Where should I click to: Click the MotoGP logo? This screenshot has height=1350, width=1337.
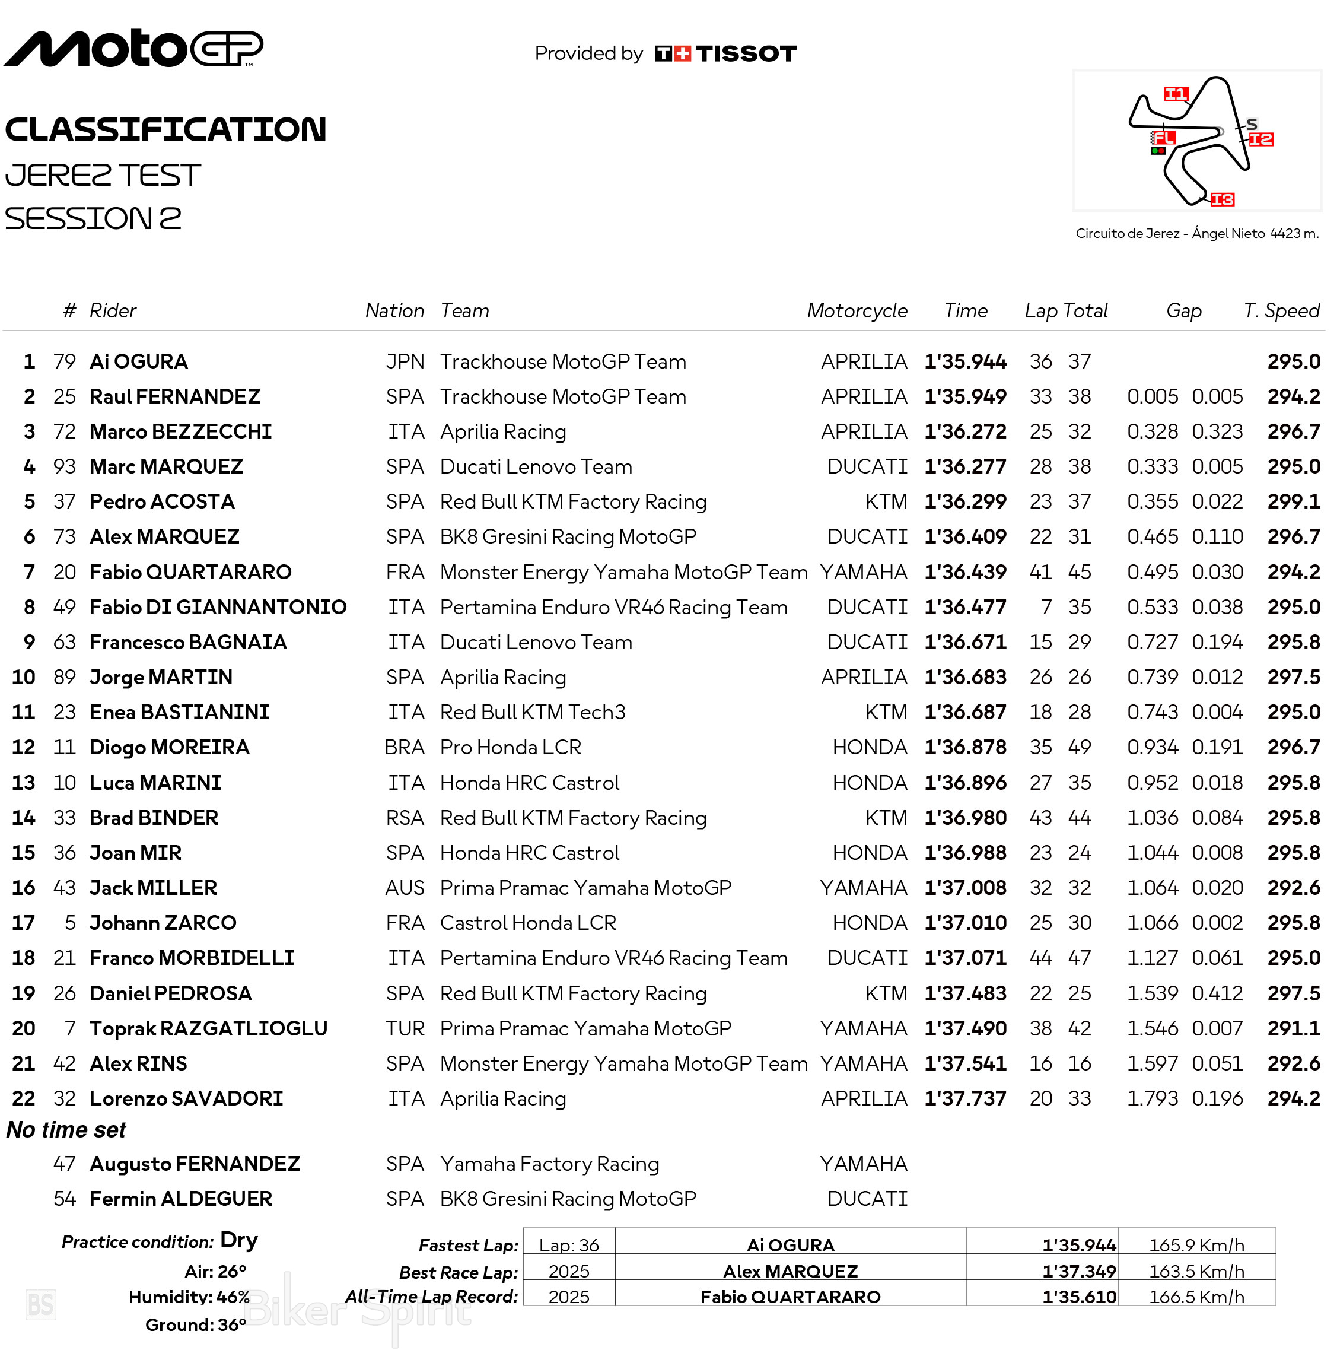[x=133, y=49]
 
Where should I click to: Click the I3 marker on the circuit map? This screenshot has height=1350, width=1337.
[x=1222, y=200]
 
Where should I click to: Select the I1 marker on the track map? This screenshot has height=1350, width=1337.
[x=1176, y=94]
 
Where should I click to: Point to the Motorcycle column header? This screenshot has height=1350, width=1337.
[x=857, y=311]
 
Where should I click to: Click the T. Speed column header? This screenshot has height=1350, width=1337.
[x=1281, y=311]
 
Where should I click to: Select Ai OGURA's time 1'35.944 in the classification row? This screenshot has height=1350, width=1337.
[x=964, y=362]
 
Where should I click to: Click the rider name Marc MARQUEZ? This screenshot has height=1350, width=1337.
[x=166, y=467]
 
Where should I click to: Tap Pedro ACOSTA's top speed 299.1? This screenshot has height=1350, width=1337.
[x=1293, y=501]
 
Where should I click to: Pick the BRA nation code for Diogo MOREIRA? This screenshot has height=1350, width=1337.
[x=404, y=748]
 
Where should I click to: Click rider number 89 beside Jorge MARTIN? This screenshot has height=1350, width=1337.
[x=64, y=677]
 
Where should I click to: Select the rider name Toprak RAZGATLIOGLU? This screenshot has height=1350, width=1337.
[x=208, y=1028]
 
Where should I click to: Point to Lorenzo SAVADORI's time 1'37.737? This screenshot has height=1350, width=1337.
[x=964, y=1098]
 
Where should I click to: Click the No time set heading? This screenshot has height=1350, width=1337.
[x=66, y=1130]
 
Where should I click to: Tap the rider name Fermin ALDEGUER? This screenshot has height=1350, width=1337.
[x=181, y=1199]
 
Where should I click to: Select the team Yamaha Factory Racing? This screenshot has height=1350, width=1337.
[x=549, y=1164]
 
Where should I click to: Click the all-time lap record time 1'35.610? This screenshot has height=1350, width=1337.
[x=1078, y=1297]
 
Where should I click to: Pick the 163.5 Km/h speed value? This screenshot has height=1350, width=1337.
[x=1196, y=1271]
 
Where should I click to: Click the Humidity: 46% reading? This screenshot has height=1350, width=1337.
[x=189, y=1297]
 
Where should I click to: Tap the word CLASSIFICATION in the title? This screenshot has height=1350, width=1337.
[x=165, y=130]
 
